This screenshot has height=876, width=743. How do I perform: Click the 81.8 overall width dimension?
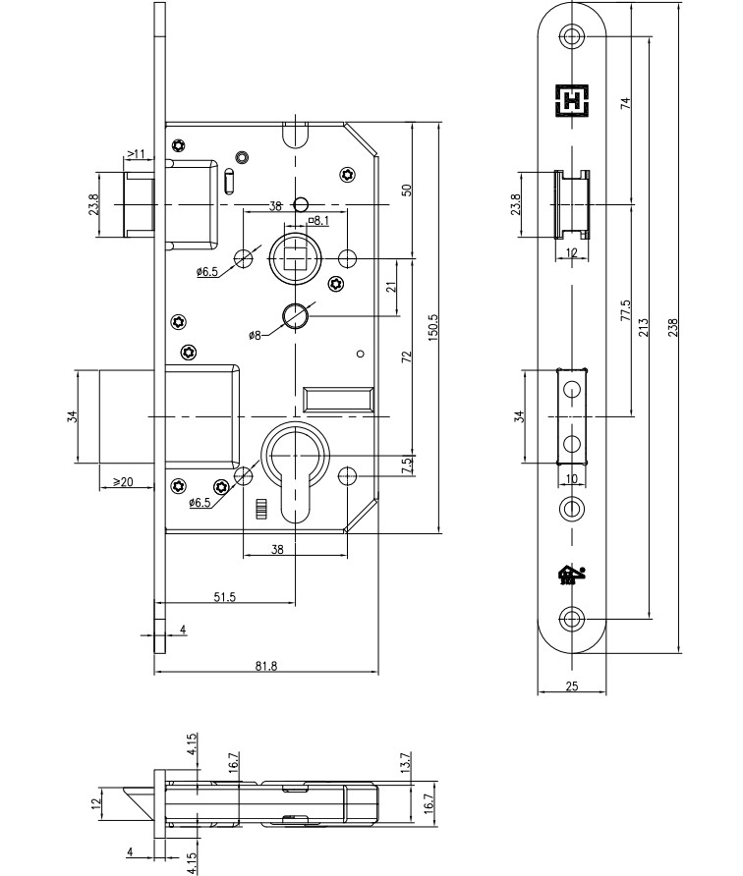click(265, 666)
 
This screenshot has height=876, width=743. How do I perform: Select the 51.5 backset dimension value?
click(225, 597)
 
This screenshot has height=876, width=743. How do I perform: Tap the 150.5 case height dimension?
click(433, 327)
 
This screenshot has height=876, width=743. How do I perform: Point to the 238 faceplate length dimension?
click(673, 327)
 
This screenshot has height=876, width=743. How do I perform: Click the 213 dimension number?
click(644, 327)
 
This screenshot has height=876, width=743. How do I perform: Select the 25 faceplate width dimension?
click(572, 687)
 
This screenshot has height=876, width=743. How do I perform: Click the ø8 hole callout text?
click(255, 335)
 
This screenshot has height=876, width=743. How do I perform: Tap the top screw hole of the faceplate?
click(572, 35)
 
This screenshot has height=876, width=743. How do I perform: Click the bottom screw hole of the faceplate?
click(572, 619)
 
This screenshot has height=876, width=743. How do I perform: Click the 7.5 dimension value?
click(407, 465)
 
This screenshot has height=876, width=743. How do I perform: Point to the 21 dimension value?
click(390, 287)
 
